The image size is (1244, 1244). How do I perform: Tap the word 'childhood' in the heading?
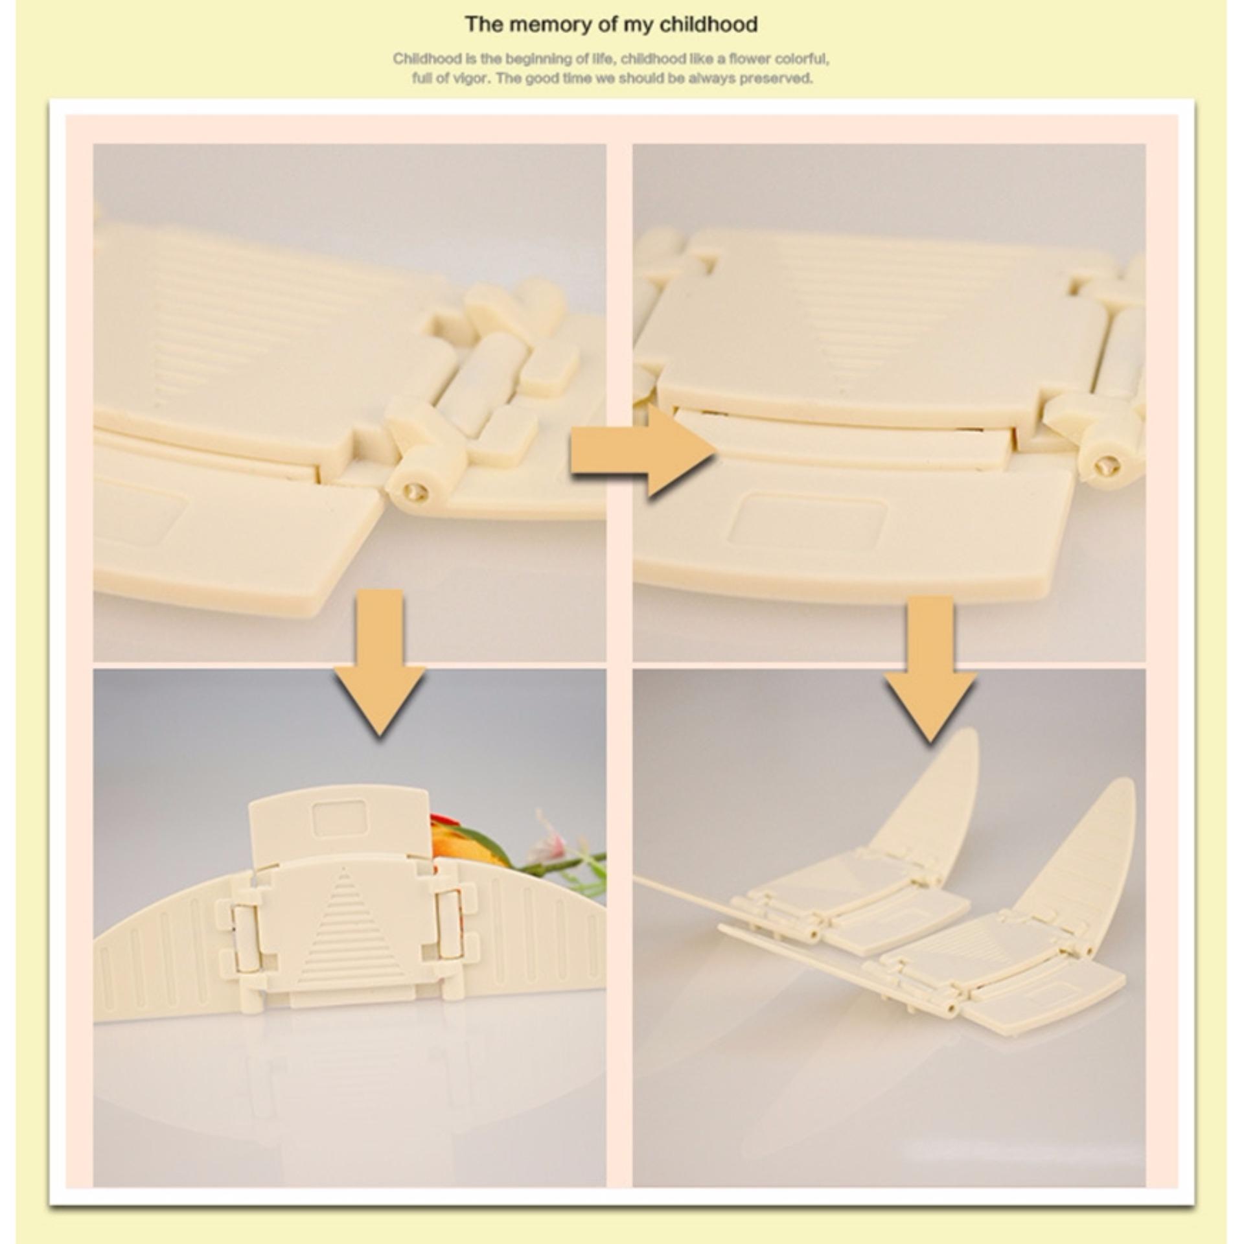point(708,25)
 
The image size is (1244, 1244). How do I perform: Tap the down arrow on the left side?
point(380,662)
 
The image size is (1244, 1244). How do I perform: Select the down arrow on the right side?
point(930,668)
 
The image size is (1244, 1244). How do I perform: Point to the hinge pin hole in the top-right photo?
point(1107,464)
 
